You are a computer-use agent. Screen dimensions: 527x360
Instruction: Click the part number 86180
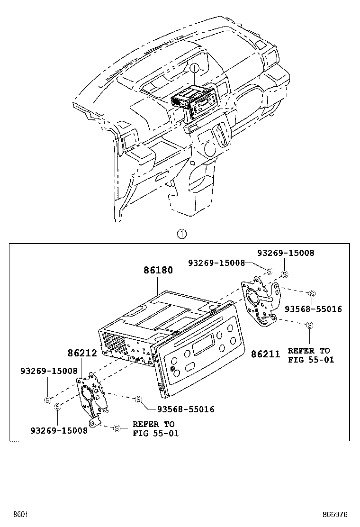(x=158, y=271)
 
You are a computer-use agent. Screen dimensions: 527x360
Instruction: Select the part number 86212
(x=82, y=353)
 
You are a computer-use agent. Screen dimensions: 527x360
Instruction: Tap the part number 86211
(x=266, y=353)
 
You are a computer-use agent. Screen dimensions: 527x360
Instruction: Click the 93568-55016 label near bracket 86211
(x=313, y=309)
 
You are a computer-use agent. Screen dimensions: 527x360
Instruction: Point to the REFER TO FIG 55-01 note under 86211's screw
(x=311, y=355)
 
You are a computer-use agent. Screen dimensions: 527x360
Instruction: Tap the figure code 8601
(x=20, y=514)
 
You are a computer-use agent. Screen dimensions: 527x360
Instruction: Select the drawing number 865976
(x=335, y=514)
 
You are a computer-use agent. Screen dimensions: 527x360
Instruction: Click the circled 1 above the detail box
(x=181, y=234)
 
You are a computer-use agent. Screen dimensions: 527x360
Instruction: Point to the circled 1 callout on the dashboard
(x=194, y=68)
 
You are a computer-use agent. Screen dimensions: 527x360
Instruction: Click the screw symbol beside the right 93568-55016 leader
(x=312, y=293)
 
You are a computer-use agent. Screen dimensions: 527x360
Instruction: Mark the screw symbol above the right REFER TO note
(x=309, y=325)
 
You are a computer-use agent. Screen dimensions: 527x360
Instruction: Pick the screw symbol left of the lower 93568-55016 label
(x=139, y=400)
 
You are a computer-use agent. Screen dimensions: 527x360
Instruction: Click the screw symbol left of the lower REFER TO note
(x=117, y=428)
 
